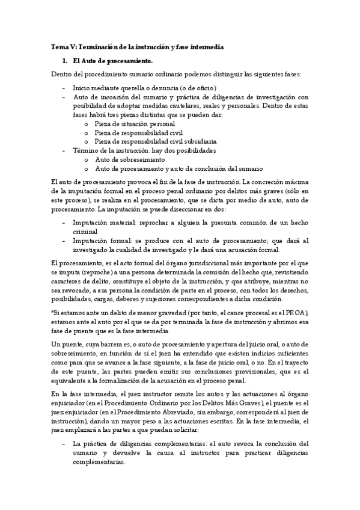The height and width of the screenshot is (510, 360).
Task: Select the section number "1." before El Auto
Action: point(66,61)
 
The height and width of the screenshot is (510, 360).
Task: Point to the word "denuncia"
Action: point(165,87)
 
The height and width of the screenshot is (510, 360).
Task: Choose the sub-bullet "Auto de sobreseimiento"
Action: point(130,159)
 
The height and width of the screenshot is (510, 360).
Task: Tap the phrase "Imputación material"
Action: point(100,222)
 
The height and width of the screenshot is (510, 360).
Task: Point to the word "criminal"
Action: point(85,231)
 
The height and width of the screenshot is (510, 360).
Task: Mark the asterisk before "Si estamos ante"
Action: point(53,313)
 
